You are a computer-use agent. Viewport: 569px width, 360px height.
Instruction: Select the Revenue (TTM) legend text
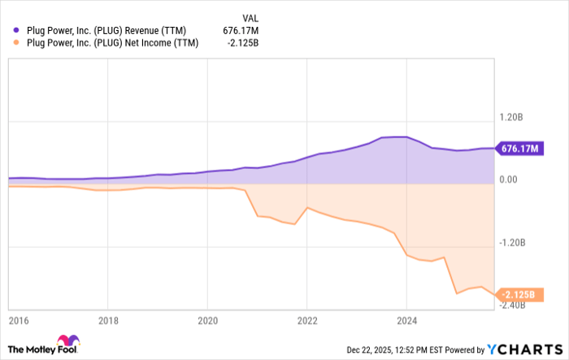(110, 31)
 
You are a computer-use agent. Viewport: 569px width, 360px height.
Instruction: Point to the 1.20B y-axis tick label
(513, 117)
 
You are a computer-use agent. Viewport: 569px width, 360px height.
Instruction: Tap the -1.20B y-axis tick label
(515, 242)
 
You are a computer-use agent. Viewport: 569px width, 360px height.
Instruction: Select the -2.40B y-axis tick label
(515, 305)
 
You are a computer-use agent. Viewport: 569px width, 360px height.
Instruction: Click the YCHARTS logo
(524, 349)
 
